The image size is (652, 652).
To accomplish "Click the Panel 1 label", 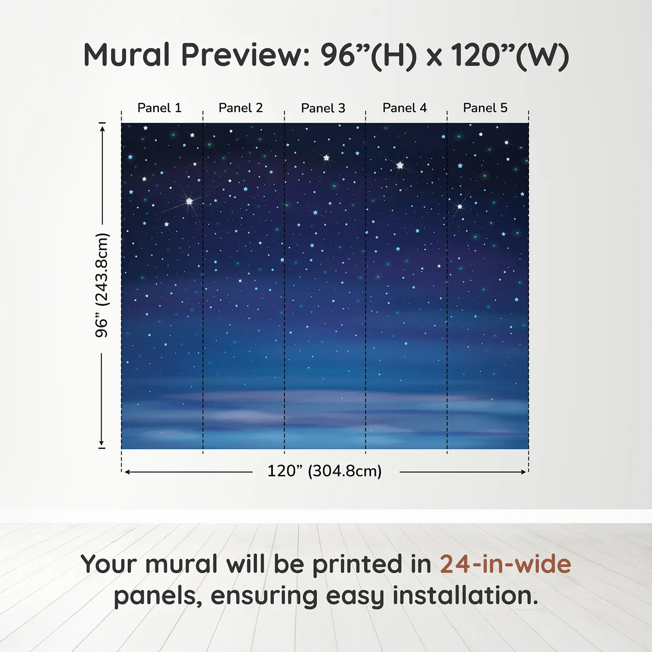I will pos(159,108).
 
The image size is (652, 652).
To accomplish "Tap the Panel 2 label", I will pos(241,108).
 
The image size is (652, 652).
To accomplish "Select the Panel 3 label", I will pos(323,109).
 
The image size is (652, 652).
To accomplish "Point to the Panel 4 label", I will pos(405,108).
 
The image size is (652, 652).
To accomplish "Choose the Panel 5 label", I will pos(485,108).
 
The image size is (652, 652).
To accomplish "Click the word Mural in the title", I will pos(127,55).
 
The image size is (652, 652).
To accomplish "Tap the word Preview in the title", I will pos(243,55).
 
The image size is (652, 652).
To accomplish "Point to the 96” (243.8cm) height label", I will pos(102,285).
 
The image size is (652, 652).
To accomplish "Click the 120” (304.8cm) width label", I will pos(325,471).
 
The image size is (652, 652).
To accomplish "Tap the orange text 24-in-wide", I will pos(505,564).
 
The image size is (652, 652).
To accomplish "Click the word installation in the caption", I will pos(465,596).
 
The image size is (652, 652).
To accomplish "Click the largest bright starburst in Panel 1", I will pos(189,202).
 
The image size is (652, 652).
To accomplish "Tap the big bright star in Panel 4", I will pos(400,165).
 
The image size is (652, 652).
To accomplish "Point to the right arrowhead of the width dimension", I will pos(523,472).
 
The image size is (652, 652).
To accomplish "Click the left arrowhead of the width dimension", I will pos(127,472).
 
